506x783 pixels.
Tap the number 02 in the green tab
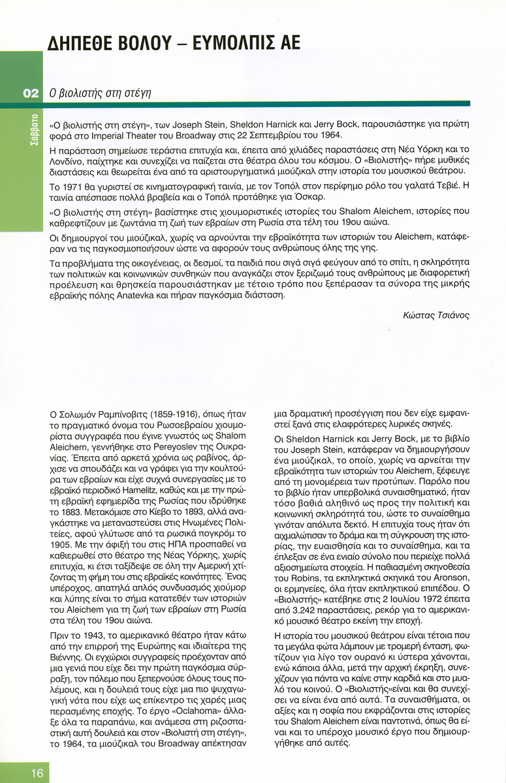tap(31, 93)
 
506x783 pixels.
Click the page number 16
tap(37, 773)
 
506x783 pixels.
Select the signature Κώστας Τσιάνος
tap(436, 315)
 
